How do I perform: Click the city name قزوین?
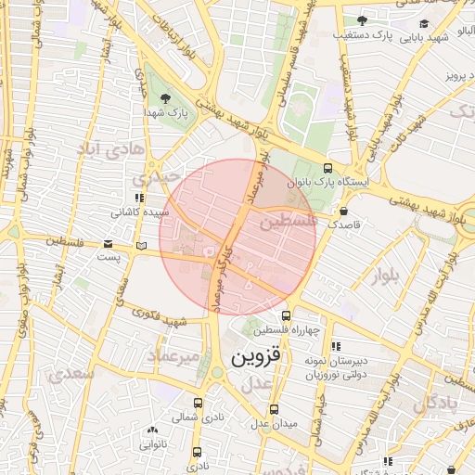(254, 357)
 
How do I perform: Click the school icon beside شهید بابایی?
(424, 24)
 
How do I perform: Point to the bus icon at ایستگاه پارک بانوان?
(327, 169)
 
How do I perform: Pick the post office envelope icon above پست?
(108, 243)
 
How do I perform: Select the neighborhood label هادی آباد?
(110, 148)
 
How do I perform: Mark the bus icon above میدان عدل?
(273, 409)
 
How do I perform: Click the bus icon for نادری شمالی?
(198, 404)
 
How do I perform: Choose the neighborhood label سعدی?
(74, 374)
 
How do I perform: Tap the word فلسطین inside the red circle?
(289, 224)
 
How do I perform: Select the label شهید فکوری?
(172, 322)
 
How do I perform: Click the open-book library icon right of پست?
(140, 245)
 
